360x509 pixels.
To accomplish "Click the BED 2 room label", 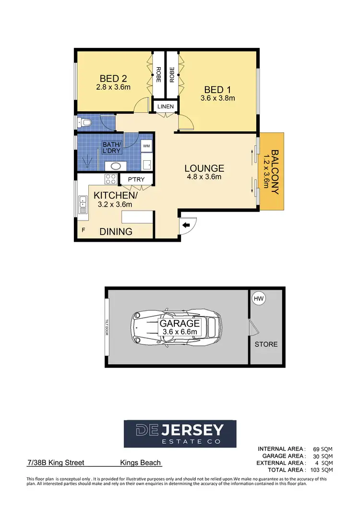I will [113, 78].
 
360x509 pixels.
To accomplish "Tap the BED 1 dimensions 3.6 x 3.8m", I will [217, 98].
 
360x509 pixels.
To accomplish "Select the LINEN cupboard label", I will [165, 106].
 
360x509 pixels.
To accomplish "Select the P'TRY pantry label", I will [136, 180].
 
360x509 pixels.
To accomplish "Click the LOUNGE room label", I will [204, 168].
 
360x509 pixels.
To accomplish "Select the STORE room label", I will [266, 344].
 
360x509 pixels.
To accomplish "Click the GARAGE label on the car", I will [180, 323].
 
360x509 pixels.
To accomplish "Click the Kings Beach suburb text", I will [140, 463].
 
